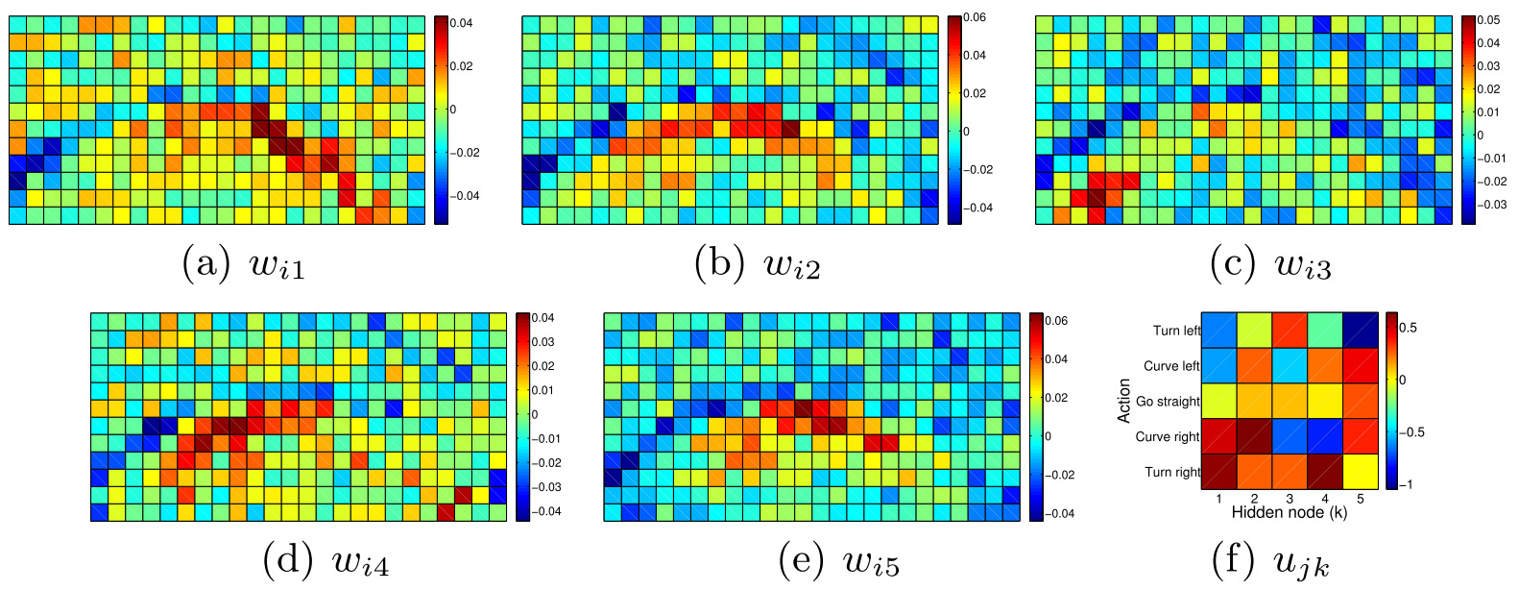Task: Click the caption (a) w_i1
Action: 244,263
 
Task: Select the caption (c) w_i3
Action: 1270,263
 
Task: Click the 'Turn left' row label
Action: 1176,331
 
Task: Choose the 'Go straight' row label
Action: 1168,402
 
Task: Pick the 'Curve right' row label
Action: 1168,436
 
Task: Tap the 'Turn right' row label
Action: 1172,472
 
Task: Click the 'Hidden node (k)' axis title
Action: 1289,513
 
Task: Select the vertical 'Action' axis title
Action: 1123,401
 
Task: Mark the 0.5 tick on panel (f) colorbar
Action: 1408,328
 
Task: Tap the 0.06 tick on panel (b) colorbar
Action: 975,17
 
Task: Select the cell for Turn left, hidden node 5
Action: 1361,331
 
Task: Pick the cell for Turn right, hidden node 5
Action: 1361,472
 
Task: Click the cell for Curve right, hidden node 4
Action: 1325,436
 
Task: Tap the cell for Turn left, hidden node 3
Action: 1290,331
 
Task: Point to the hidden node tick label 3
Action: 1290,499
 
